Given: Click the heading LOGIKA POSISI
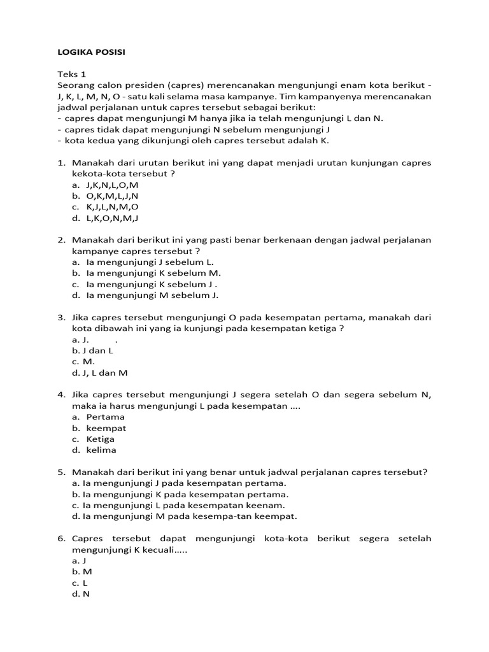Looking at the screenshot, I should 91,52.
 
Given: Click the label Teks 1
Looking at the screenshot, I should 71,74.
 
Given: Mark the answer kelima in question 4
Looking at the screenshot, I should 101,450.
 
